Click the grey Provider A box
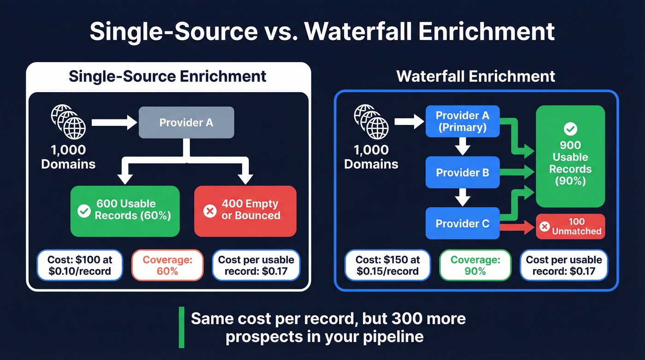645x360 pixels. pos(186,123)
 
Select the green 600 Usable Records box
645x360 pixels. pos(124,211)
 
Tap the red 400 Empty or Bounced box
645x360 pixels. pos(245,211)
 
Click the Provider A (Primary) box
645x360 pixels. pos(462,122)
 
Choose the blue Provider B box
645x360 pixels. pos(462,173)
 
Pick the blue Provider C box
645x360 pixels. pos(462,224)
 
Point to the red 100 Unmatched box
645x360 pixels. pos(570,226)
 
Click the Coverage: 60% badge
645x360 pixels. pos(167,265)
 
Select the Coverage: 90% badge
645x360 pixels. pos(475,265)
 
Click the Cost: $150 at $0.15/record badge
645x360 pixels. pos(387,265)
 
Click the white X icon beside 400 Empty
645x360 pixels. pos(210,211)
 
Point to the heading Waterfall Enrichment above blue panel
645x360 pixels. pos(476,76)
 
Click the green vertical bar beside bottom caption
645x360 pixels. pos(182,327)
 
